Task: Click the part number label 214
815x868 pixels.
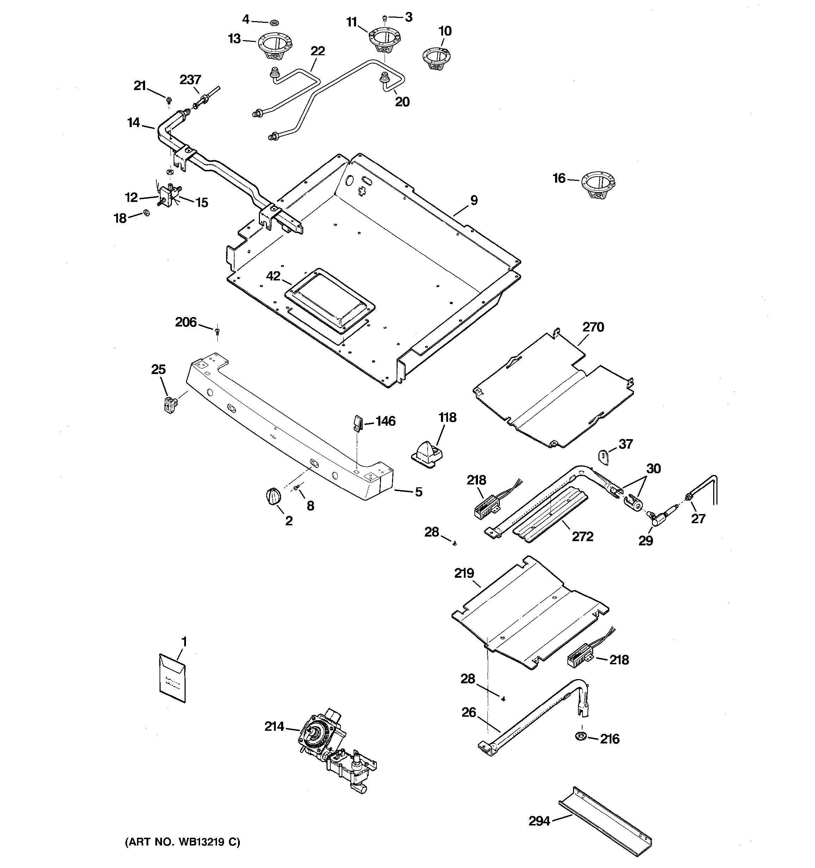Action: pyautogui.click(x=274, y=727)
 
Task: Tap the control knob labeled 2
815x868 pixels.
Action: pyautogui.click(x=273, y=496)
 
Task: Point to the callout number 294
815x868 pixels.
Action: pyautogui.click(x=539, y=821)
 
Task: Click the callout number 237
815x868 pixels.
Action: pyautogui.click(x=190, y=80)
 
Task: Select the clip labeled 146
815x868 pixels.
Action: pyautogui.click(x=357, y=423)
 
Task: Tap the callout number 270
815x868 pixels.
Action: pyautogui.click(x=593, y=327)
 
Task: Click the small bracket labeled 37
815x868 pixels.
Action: pyautogui.click(x=603, y=457)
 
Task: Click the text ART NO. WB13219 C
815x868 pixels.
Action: pyautogui.click(x=183, y=842)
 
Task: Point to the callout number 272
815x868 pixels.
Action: pyautogui.click(x=583, y=536)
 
